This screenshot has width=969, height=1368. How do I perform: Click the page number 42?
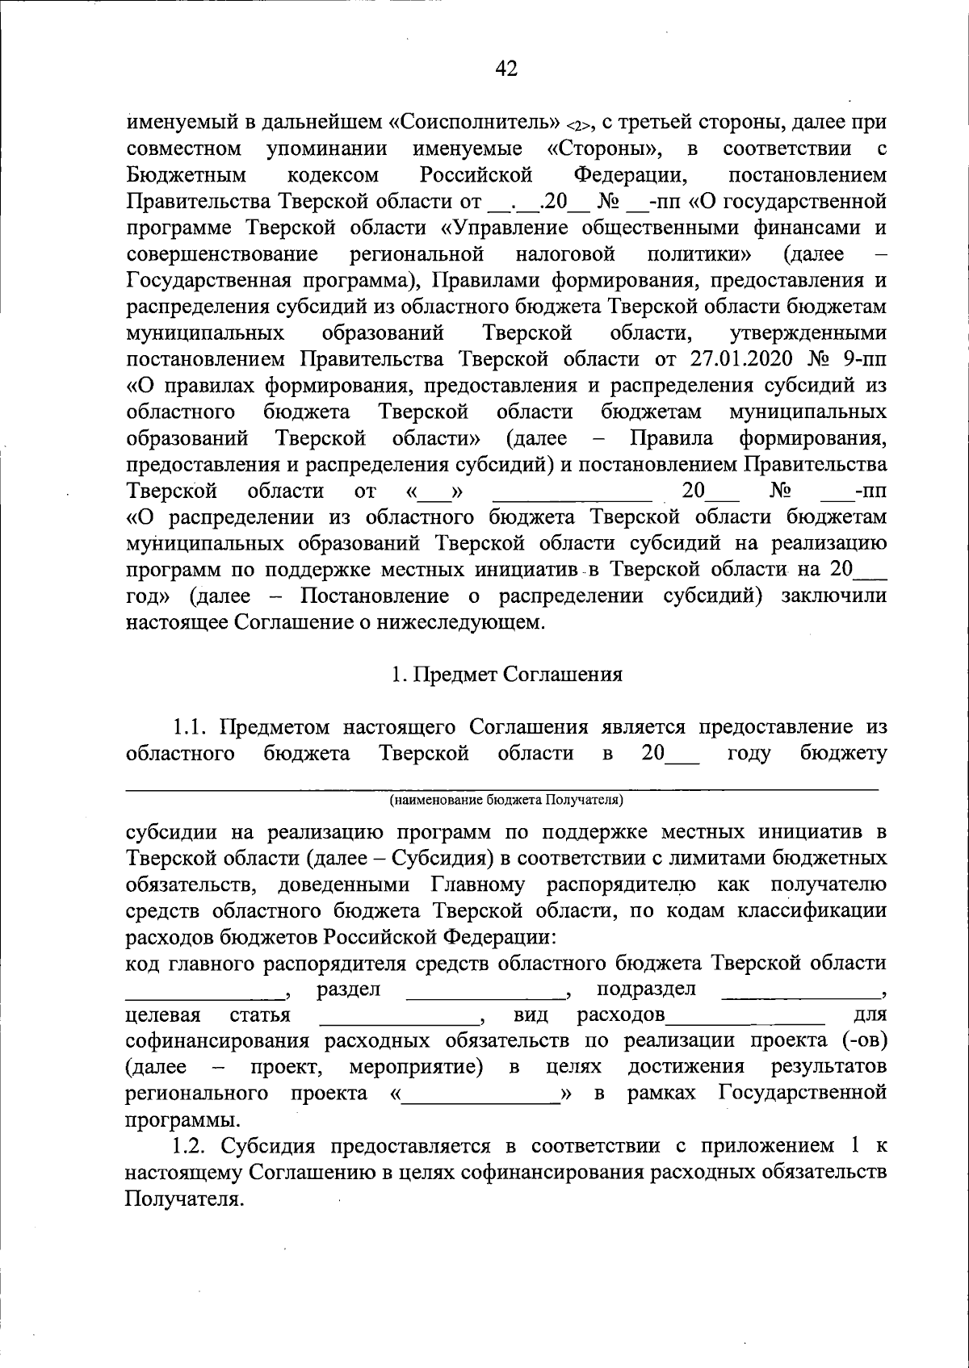pos(505,69)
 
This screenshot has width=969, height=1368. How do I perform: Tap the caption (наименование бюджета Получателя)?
pos(505,800)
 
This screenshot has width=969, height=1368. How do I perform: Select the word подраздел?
pos(646,989)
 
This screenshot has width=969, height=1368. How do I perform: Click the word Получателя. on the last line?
pos(183,1199)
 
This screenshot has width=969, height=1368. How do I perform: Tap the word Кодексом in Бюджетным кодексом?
pos(333,175)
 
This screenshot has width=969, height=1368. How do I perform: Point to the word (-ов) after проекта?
pos(864,1041)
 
